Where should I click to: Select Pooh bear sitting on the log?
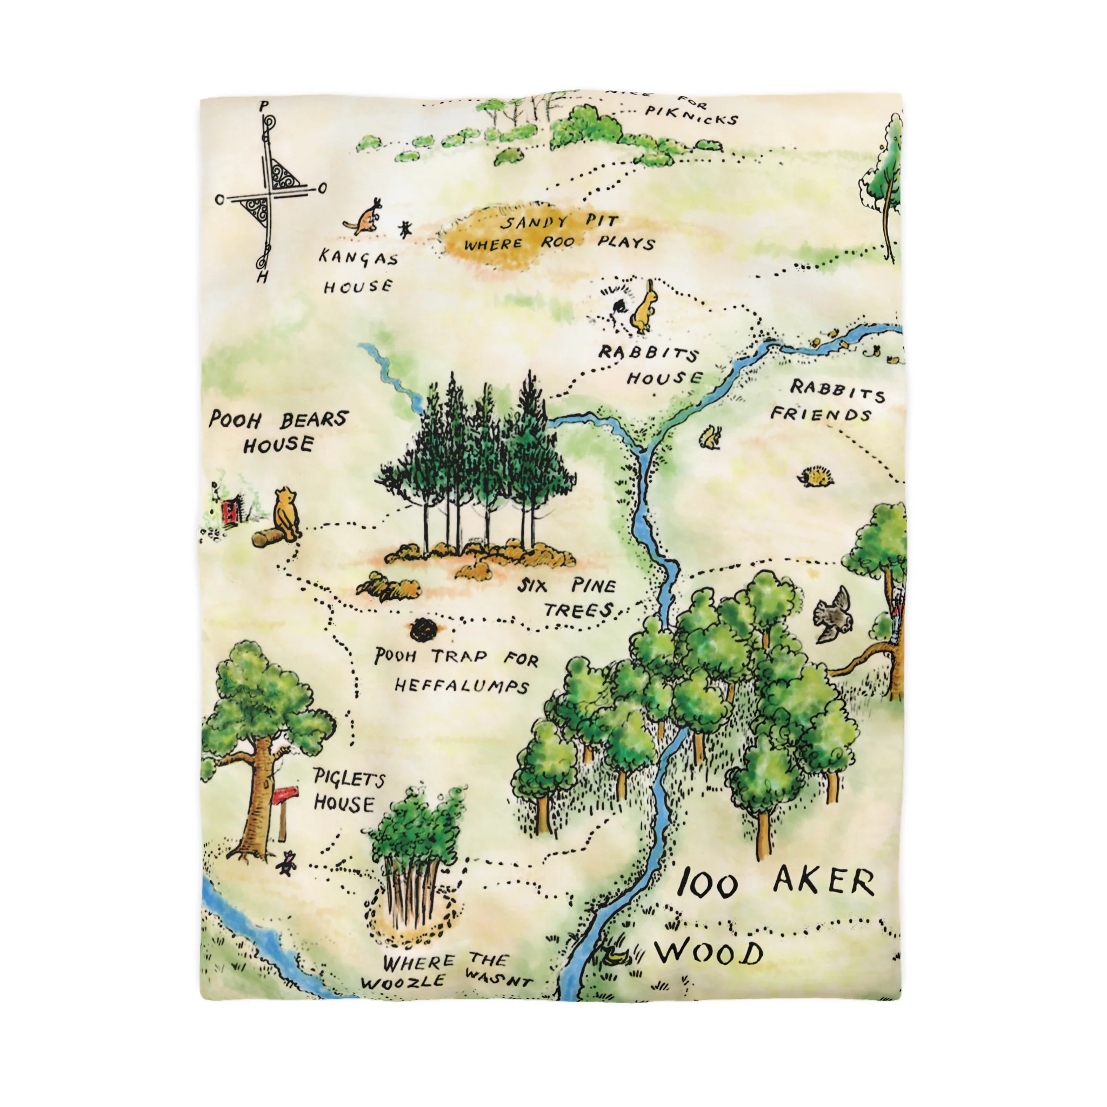[286, 513]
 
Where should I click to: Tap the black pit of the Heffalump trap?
[424, 630]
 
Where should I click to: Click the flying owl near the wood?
[833, 612]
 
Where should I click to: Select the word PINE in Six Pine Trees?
[592, 586]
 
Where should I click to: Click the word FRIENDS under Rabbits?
[820, 414]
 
